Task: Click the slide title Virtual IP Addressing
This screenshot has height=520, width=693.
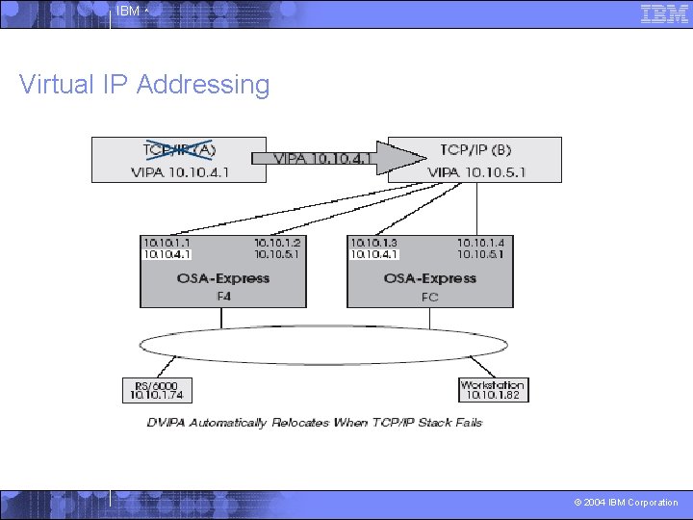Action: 144,85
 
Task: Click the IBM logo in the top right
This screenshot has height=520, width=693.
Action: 664,13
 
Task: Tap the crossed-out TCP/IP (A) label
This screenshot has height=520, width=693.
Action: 179,149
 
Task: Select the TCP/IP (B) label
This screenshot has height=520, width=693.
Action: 475,149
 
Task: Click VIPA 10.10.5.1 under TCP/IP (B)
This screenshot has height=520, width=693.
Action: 475,172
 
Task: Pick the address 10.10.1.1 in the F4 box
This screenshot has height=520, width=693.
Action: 167,244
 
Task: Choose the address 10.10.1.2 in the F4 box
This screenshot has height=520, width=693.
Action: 277,244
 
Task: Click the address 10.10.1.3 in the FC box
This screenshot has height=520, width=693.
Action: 373,244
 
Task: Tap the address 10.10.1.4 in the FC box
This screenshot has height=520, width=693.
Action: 480,244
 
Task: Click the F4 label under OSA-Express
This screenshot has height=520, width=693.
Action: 223,297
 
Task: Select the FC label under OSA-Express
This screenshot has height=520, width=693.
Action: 429,297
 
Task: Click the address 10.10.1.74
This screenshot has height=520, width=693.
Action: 154,395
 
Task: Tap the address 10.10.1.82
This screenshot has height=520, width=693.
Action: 492,395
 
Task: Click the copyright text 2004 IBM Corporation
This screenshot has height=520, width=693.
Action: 626,503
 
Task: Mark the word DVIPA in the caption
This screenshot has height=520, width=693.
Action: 167,423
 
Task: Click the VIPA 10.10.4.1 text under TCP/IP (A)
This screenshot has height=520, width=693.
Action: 179,172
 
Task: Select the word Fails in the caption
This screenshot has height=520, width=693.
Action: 466,423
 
